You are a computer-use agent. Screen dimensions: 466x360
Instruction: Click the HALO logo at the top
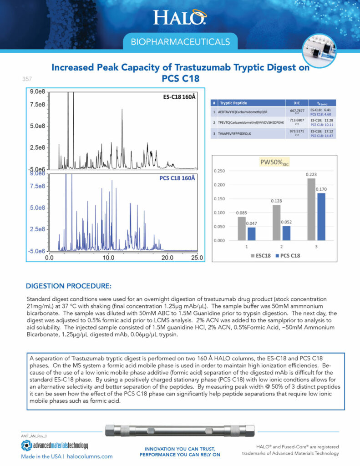pyautogui.click(x=180, y=17)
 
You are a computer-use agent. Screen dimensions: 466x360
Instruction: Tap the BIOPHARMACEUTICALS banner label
pyautogui.click(x=180, y=42)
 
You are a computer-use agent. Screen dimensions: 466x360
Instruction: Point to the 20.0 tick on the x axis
pyautogui.click(x=168, y=257)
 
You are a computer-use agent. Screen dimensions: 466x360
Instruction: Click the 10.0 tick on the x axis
pyautogui.click(x=108, y=257)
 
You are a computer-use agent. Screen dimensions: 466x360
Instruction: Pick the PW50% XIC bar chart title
pyautogui.click(x=274, y=162)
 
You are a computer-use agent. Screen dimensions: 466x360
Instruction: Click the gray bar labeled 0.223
pyautogui.click(x=311, y=209)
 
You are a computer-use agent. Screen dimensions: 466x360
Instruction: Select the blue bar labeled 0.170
pyautogui.click(x=322, y=217)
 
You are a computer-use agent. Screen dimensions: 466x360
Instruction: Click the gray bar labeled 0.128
pyautogui.click(x=276, y=223)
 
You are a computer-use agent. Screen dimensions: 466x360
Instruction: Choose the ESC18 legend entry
pyautogui.click(x=261, y=255)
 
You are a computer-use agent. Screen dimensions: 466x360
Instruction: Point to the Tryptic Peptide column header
pyautogui.click(x=236, y=103)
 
